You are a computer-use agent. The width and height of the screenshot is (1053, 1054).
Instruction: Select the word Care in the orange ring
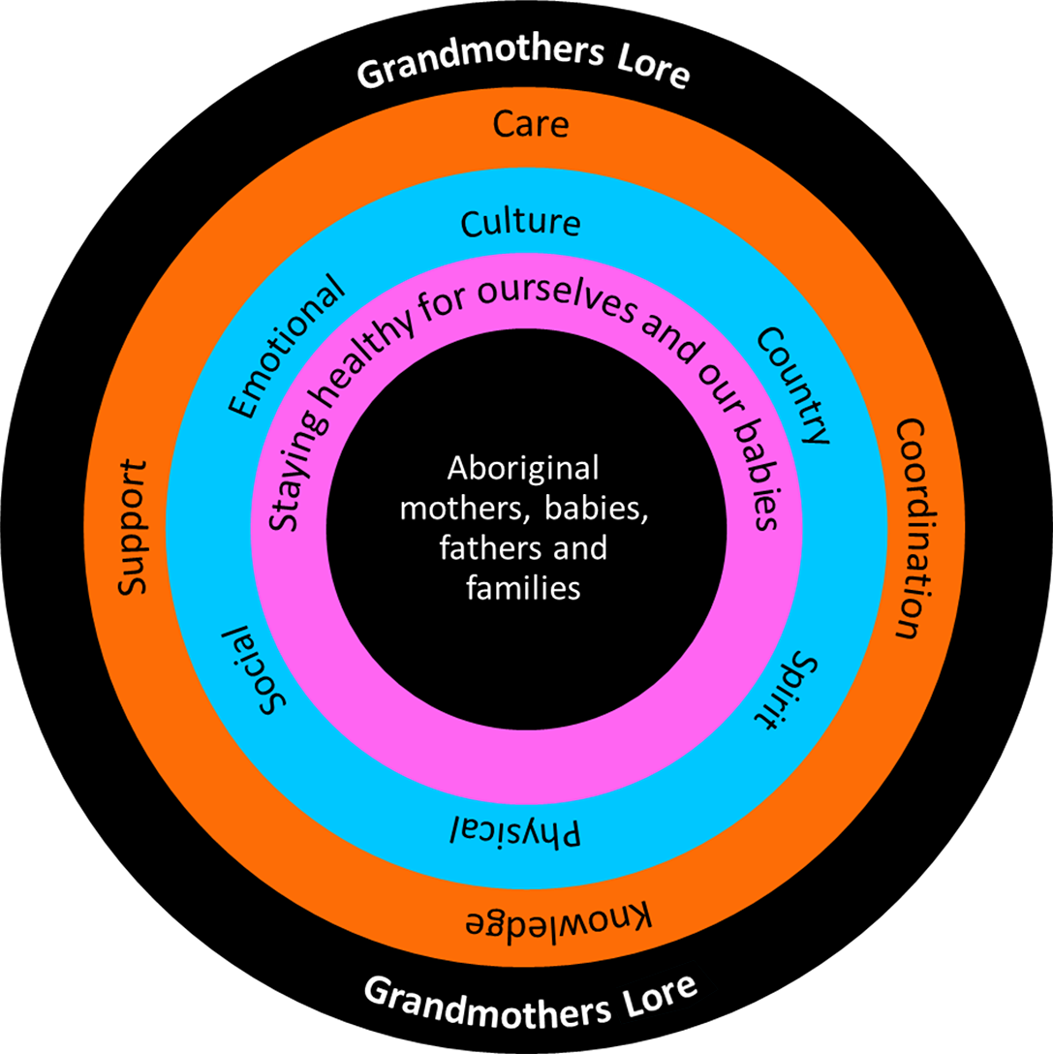point(530,124)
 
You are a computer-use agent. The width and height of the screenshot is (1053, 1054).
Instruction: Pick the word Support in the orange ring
point(132,528)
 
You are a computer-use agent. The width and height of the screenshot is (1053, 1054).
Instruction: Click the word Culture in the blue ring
point(520,223)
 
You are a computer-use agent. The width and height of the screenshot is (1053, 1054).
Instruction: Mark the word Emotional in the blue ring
point(285,348)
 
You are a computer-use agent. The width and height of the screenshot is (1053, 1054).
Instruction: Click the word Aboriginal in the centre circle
point(523,468)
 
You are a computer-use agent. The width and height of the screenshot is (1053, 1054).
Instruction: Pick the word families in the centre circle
point(523,587)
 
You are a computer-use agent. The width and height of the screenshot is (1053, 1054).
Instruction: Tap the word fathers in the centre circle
point(485,547)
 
